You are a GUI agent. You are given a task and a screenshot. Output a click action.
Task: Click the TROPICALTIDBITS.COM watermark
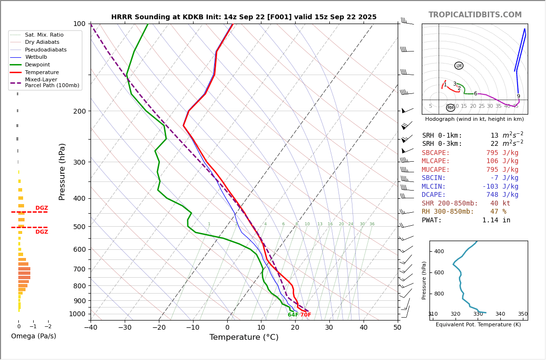pyautogui.click(x=475, y=15)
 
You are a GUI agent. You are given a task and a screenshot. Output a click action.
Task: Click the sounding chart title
pyautogui.click(x=244, y=17)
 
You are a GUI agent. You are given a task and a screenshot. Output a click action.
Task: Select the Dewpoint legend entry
pyautogui.click(x=37, y=64)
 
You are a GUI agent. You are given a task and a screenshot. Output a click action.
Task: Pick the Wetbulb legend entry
pyautogui.click(x=36, y=57)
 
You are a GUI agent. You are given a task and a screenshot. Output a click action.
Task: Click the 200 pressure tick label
pyautogui.click(x=79, y=111)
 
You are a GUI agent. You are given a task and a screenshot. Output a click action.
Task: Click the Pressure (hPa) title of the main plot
pyautogui.click(x=62, y=171)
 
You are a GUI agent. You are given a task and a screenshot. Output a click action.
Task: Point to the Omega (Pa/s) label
pyautogui.click(x=33, y=336)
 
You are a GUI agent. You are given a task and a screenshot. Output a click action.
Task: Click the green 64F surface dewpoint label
pyautogui.click(x=293, y=315)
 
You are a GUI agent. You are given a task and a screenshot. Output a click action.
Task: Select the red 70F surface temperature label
pyautogui.click(x=306, y=315)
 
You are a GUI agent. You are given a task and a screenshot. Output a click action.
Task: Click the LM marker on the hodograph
pyautogui.click(x=459, y=66)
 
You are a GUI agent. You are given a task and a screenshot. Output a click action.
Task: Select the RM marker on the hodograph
pyautogui.click(x=451, y=108)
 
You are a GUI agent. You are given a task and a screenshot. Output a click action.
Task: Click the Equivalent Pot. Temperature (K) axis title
pyautogui.click(x=478, y=325)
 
